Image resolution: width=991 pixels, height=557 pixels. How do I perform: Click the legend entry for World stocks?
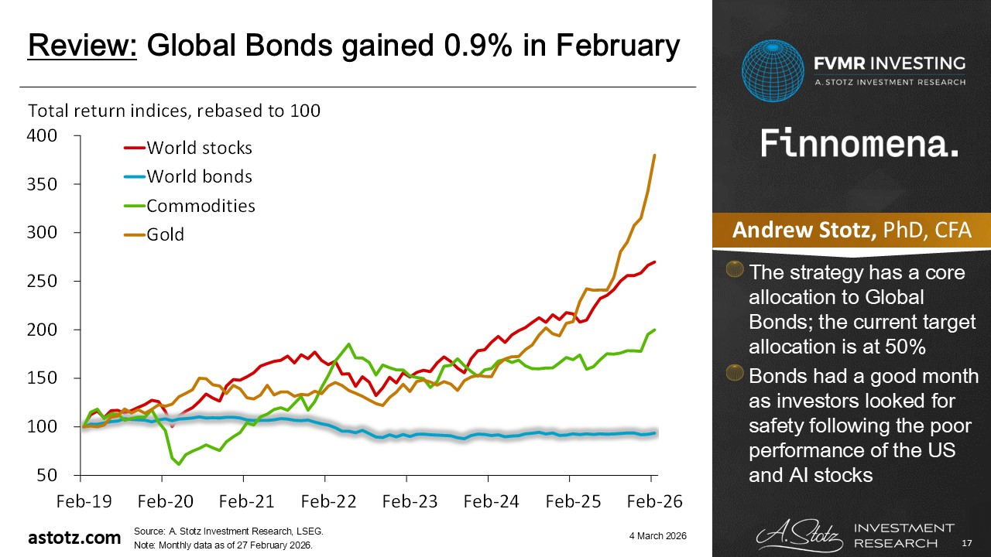tap(199, 147)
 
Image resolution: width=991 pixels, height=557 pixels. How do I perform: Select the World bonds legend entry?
tap(199, 176)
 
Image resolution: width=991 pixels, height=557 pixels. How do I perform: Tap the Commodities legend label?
tap(201, 205)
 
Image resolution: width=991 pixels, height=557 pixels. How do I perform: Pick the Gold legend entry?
tap(166, 234)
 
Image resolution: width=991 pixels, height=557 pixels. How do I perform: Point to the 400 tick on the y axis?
tap(43, 136)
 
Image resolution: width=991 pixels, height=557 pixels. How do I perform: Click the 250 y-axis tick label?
tap(43, 281)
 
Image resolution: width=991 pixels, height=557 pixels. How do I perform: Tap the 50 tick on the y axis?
tap(49, 475)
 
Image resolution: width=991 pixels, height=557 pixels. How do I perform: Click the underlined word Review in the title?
tap(82, 46)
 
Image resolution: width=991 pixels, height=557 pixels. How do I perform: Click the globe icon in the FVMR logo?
tap(773, 72)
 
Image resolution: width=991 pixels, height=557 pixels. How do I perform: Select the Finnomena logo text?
tap(859, 143)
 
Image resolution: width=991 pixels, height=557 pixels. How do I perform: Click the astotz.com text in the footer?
tap(74, 538)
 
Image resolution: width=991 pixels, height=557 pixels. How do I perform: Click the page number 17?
tap(967, 545)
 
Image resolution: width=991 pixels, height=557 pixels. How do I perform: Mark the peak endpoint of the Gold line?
tap(655, 155)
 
